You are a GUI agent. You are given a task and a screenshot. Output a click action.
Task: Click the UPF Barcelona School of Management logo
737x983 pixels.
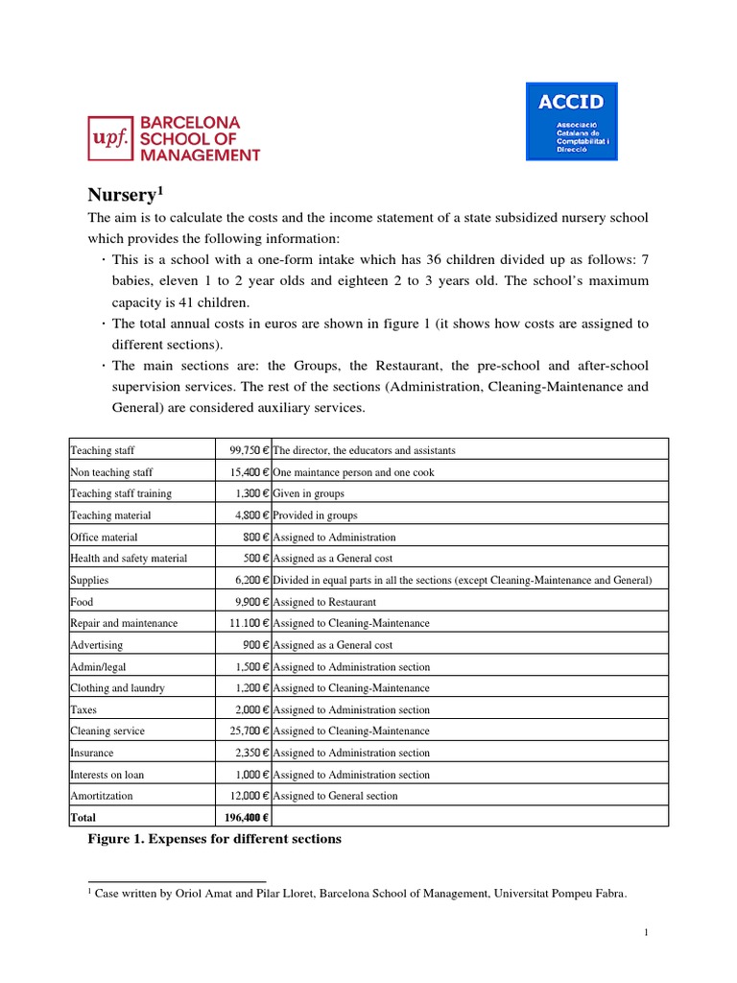174,139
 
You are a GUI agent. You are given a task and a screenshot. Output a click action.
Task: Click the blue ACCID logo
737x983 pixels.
571,121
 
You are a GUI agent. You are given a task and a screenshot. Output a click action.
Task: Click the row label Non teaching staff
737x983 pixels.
111,472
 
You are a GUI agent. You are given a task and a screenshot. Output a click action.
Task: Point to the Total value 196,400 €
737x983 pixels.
245,818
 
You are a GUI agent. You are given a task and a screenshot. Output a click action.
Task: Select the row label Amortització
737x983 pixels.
102,796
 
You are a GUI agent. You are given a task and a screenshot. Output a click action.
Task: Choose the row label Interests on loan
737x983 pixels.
107,775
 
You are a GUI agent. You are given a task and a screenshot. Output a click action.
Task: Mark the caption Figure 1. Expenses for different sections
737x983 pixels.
213,840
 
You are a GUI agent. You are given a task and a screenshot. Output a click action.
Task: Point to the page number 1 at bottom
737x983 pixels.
647,932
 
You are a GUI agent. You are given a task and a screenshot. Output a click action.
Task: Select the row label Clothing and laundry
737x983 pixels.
117,688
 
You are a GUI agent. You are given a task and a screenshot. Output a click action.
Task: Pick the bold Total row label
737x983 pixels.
83,818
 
